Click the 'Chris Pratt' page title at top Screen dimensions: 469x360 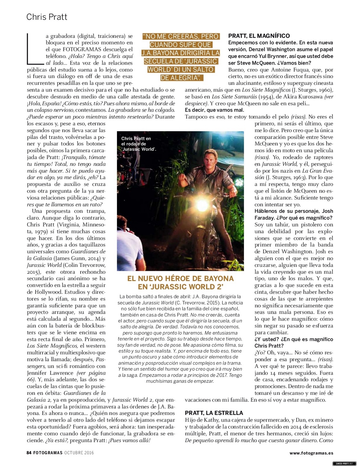pyautogui.click(x=47, y=17)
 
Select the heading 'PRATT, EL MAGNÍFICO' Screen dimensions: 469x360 pyautogui.click(x=259, y=36)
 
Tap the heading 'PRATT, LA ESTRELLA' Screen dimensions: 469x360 pyautogui.click(x=214, y=413)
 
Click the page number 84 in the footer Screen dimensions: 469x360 pyautogui.click(x=29, y=452)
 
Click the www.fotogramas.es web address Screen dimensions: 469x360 pyautogui.click(x=311, y=453)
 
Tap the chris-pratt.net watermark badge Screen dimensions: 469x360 pyautogui.click(x=344, y=463)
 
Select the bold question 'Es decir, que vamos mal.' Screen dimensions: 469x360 pyautogui.click(x=214, y=110)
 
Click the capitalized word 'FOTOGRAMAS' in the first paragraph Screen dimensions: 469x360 pyautogui.click(x=81, y=50)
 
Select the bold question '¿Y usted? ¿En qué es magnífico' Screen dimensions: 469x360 pyautogui.click(x=294, y=339)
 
